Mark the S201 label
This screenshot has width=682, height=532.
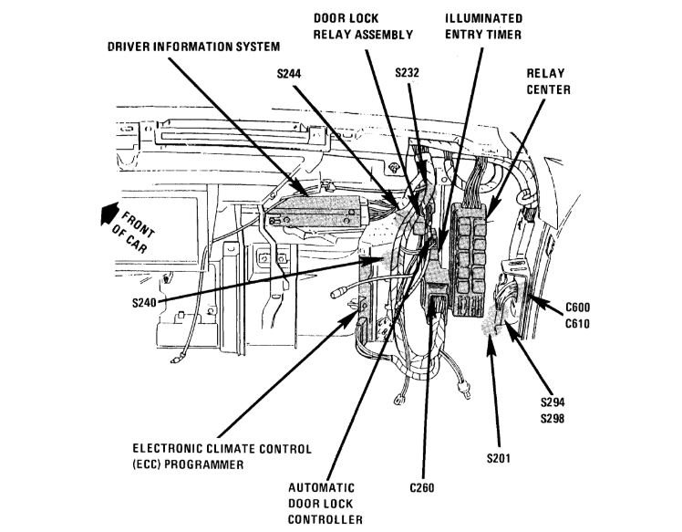point(501,456)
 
